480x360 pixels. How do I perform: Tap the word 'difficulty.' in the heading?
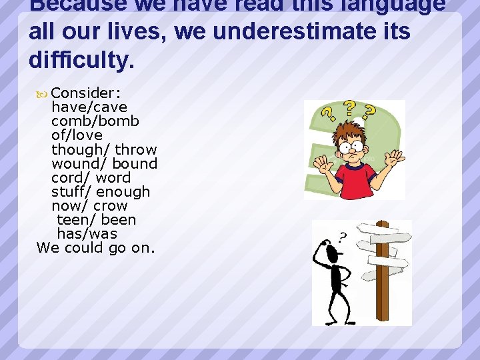tap(81, 61)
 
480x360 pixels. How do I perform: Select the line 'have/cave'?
tap(89, 107)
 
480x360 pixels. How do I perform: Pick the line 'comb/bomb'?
tap(95, 121)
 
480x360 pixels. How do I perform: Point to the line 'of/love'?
tap(77, 135)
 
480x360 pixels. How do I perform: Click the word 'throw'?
tap(135, 149)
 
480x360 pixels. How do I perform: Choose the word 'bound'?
tap(135, 163)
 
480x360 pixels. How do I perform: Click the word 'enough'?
tap(123, 191)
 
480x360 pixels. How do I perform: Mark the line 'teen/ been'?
tap(96, 219)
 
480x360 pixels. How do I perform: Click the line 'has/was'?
tap(87, 233)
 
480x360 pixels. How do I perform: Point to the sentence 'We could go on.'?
tap(95, 247)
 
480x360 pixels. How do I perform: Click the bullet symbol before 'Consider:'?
tap(41, 93)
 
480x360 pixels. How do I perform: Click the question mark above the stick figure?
tap(342, 235)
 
